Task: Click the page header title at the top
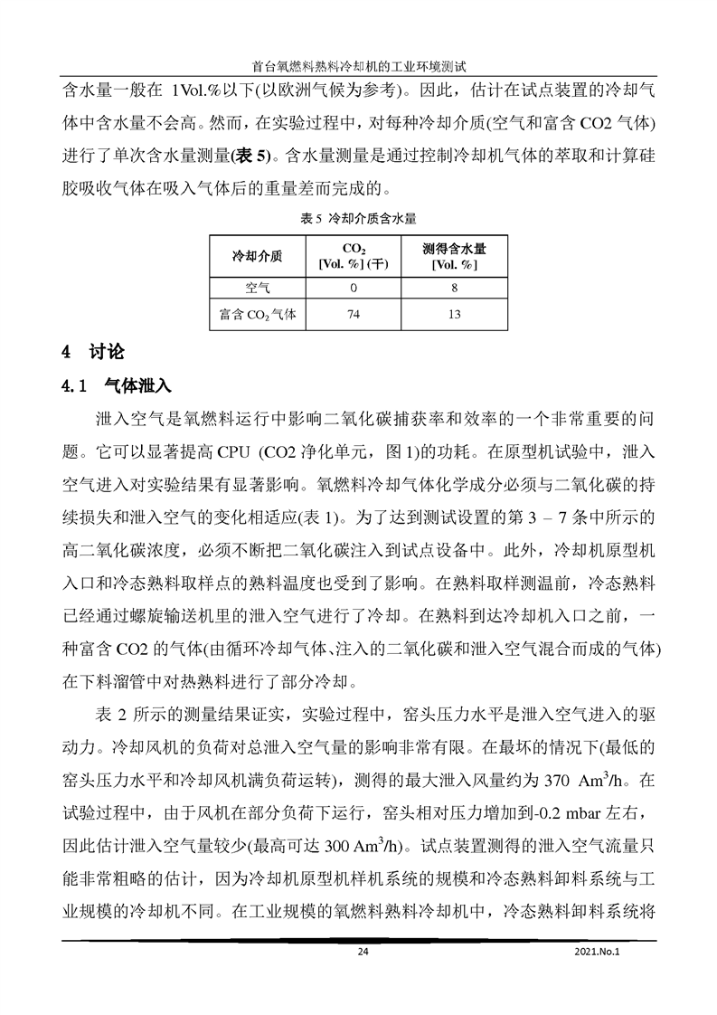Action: pos(359,66)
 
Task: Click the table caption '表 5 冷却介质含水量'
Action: pos(358,218)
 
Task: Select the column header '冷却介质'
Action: pos(258,256)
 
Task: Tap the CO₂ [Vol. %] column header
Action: pos(354,256)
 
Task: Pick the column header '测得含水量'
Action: pos(454,256)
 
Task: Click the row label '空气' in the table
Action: pos(258,288)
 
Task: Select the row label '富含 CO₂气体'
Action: pos(258,315)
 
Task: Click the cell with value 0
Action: pos(354,288)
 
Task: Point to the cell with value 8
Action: pos(454,288)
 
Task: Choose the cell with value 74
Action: pos(354,315)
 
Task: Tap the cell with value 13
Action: pos(454,315)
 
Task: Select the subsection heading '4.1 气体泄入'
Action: pos(116,385)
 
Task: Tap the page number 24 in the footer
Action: pos(363,952)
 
